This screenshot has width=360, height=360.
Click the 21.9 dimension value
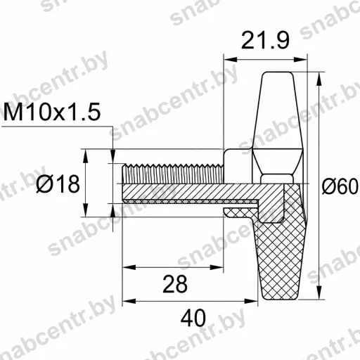265,40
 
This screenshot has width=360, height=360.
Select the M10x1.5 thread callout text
52,112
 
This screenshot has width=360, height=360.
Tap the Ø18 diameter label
58,184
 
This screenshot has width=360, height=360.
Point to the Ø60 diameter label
340,186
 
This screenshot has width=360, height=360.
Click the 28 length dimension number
175,284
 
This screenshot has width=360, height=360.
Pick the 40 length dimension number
193,318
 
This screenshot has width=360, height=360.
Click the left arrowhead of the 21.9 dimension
231,60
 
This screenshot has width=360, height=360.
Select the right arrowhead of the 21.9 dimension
300,60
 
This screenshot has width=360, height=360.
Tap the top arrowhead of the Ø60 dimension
319,79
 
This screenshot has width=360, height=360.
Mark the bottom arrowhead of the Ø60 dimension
319,292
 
